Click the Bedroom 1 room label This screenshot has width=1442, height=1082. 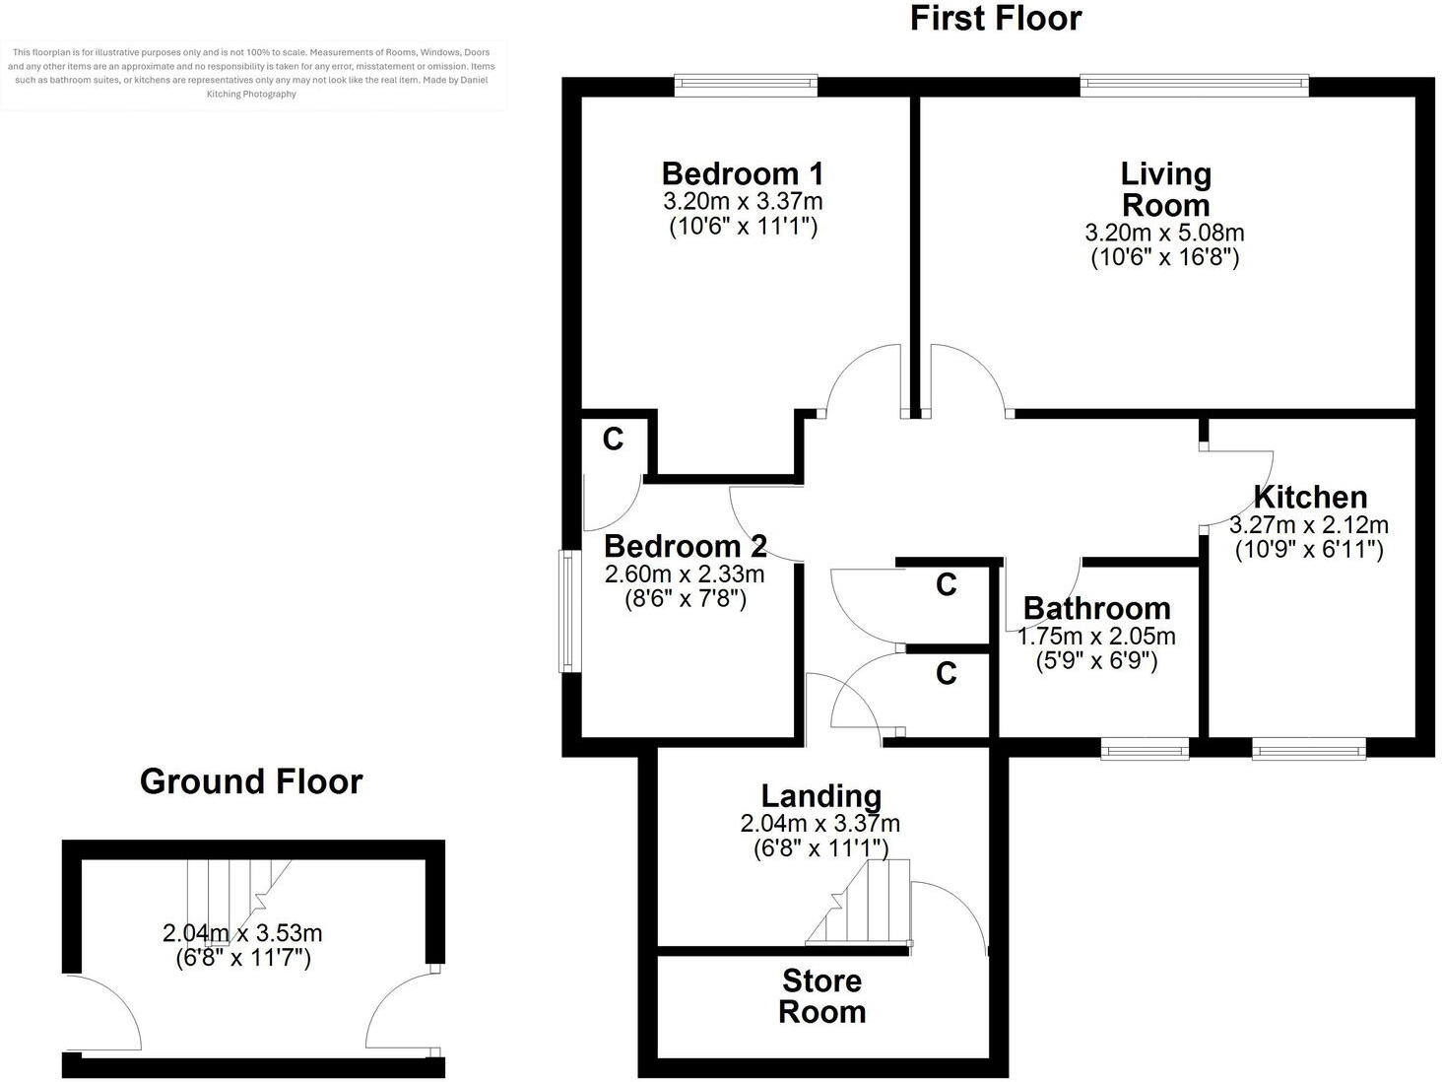pyautogui.click(x=742, y=174)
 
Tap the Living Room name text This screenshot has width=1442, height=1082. pyautogui.click(x=1165, y=189)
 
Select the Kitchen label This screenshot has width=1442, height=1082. pyautogui.click(x=1309, y=497)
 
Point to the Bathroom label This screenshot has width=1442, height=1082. pyautogui.click(x=1096, y=609)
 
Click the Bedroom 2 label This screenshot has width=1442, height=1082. pyautogui.click(x=685, y=546)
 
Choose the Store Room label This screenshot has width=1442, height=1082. pyautogui.click(x=821, y=996)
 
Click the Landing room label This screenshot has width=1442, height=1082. pyautogui.click(x=820, y=795)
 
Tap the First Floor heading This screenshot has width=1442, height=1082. pyautogui.click(x=995, y=19)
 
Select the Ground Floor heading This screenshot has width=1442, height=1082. pyautogui.click(x=251, y=781)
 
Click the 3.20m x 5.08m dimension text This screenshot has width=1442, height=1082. pyautogui.click(x=1164, y=234)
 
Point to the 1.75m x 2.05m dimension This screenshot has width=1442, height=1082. pyautogui.click(x=1095, y=637)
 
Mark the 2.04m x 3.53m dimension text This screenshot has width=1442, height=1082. pyautogui.click(x=242, y=933)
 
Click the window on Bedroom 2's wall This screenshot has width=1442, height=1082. pyautogui.click(x=569, y=611)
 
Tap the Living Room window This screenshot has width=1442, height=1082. pyautogui.click(x=1194, y=86)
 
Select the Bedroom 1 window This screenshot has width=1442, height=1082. pyautogui.click(x=746, y=86)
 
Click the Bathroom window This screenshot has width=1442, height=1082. pyautogui.click(x=1145, y=750)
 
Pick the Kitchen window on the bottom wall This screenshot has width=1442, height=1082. pyautogui.click(x=1309, y=750)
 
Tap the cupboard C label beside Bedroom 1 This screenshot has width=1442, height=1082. pyautogui.click(x=613, y=440)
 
